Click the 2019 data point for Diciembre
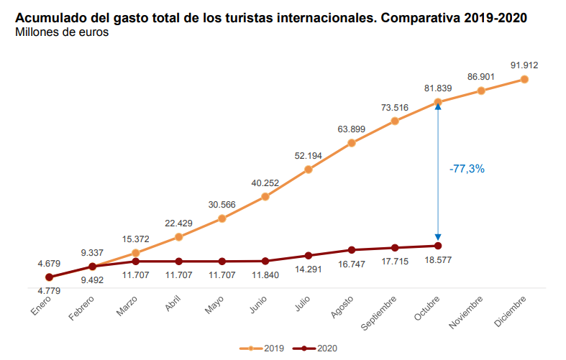(524, 79)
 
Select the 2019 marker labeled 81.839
(438, 103)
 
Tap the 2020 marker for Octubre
(438, 246)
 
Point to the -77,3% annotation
(467, 169)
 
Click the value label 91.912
(524, 65)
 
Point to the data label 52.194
(308, 156)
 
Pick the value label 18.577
(438, 261)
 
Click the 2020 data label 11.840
(265, 274)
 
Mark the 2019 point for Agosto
(352, 143)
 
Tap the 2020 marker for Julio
(308, 256)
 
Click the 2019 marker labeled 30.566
(222, 218)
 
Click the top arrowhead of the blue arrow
(438, 106)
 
